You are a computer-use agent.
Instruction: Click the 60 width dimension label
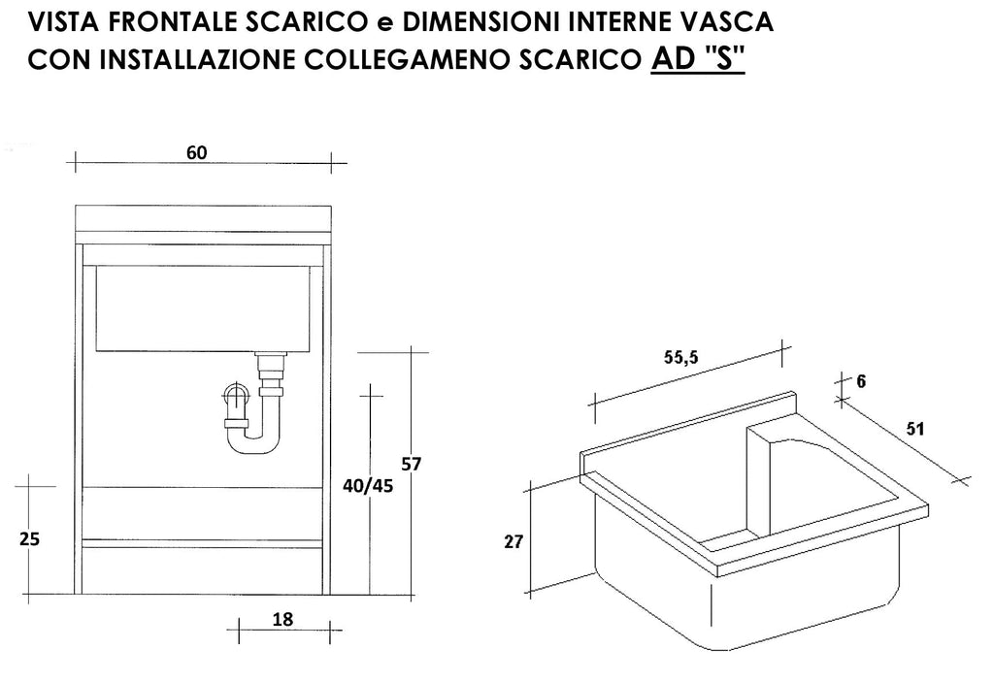coord(196,152)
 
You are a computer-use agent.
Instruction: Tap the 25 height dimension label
coord(29,539)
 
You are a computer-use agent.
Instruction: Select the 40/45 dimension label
coord(368,486)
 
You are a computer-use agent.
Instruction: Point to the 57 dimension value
coord(411,465)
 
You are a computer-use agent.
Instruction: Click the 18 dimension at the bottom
coord(282,619)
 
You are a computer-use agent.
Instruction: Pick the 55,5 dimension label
coord(680,357)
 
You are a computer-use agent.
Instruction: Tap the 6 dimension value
coord(860,381)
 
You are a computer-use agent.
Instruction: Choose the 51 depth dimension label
coord(914,429)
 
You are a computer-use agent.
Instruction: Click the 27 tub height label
coord(514,541)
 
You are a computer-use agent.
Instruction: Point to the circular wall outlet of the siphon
coord(235,395)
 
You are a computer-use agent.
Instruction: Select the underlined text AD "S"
coord(697,59)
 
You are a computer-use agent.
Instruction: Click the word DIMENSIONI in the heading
coord(481,22)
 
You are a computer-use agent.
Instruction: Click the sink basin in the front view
coord(203,308)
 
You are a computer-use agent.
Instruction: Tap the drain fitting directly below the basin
coord(272,374)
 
